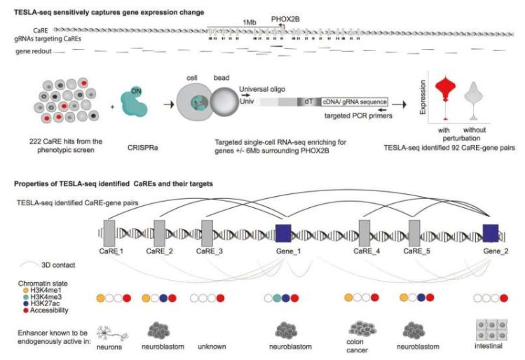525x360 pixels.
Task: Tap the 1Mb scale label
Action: coord(250,22)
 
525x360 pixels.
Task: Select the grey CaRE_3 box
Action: coord(207,232)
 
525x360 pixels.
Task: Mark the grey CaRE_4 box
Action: coord(364,232)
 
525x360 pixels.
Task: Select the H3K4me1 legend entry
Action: coord(44,289)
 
